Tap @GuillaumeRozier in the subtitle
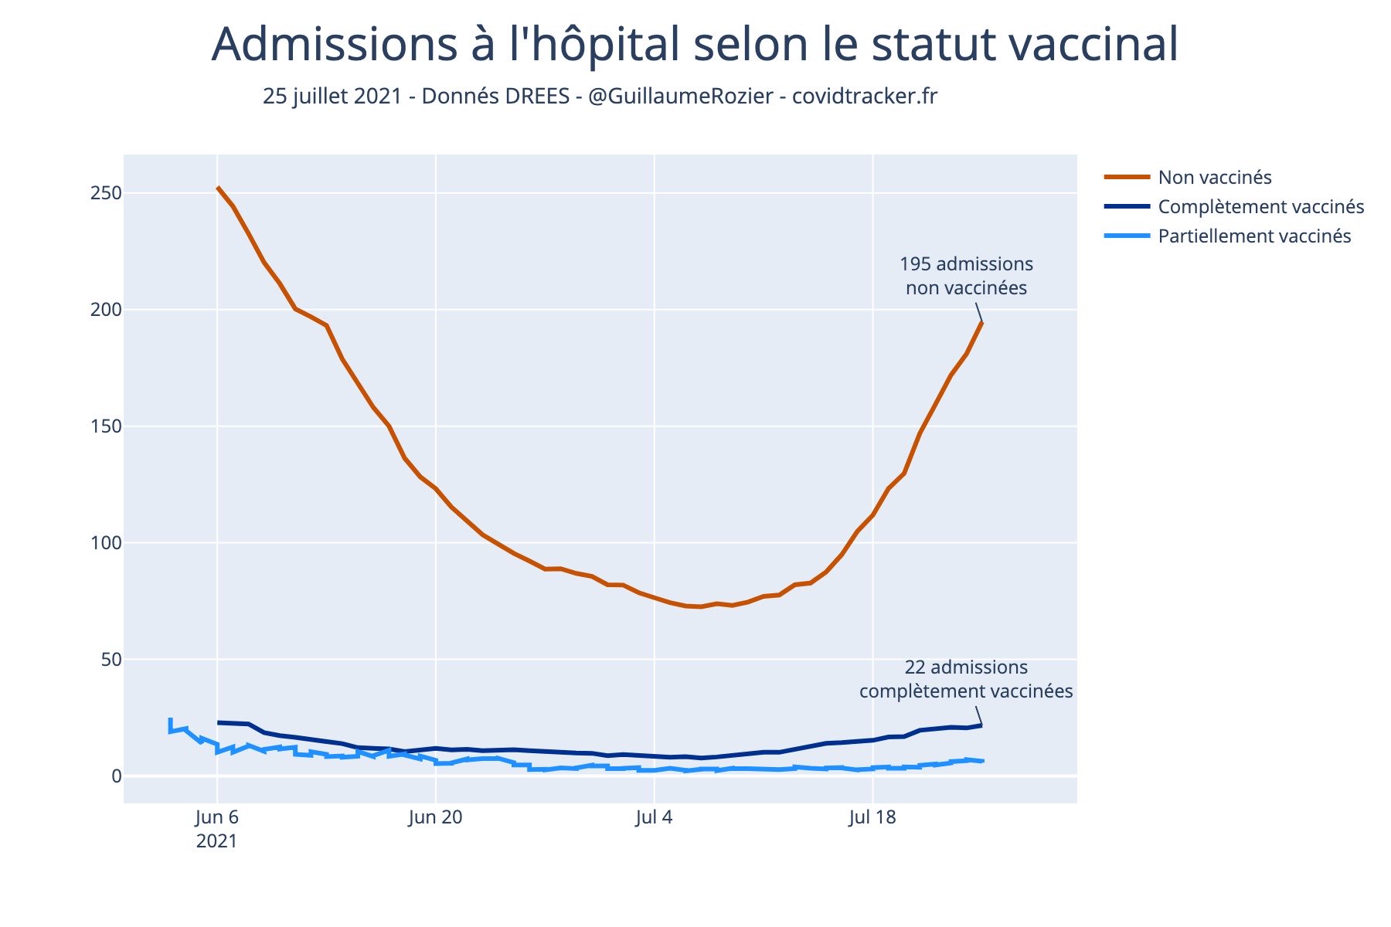[x=680, y=97]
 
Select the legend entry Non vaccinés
[x=1214, y=178]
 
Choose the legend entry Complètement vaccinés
[x=1260, y=207]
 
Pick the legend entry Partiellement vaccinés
[x=1253, y=236]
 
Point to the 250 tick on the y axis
[x=106, y=193]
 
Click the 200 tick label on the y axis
[x=106, y=310]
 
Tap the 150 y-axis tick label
[x=106, y=426]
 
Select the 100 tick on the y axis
[x=106, y=543]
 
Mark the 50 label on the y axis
[x=111, y=660]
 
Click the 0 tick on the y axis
[x=116, y=776]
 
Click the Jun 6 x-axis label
[x=217, y=817]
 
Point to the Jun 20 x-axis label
[x=435, y=817]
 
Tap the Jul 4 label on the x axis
[x=654, y=817]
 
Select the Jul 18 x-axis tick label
[x=872, y=817]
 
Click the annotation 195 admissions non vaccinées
[x=966, y=276]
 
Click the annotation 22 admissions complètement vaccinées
[x=966, y=679]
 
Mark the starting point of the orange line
[x=218, y=187]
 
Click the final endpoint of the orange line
[x=982, y=322]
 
